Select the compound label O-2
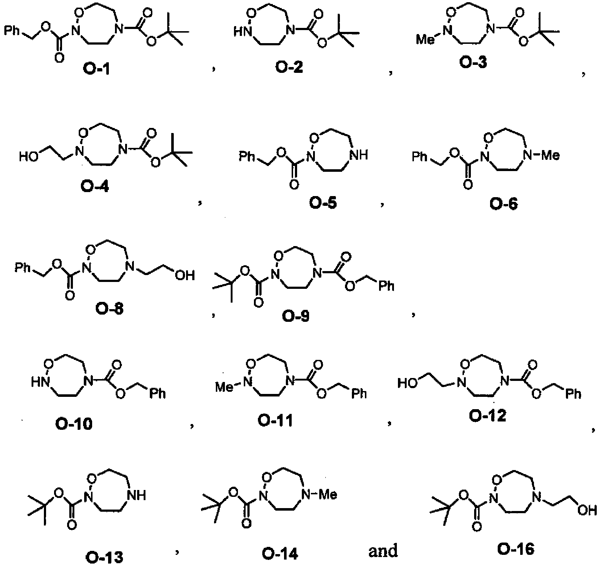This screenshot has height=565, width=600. (x=289, y=67)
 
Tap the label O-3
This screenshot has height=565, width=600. (x=473, y=62)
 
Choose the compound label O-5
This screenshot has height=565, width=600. (x=323, y=203)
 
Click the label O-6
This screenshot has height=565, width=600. (x=504, y=204)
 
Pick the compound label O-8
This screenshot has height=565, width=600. (x=109, y=309)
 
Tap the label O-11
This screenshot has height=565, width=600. (x=275, y=421)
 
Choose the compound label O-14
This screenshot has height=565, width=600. (x=280, y=553)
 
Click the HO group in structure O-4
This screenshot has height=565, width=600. (x=28, y=157)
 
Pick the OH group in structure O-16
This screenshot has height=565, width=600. (x=588, y=511)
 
